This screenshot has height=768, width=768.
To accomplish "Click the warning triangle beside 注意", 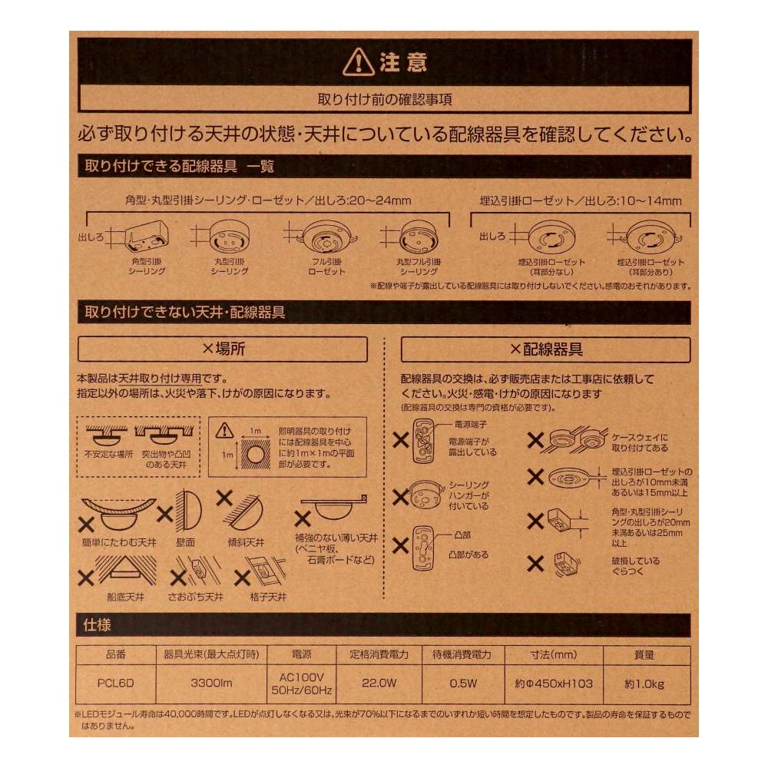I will pyautogui.click(x=359, y=61).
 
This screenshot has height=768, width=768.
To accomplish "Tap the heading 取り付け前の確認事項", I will pyautogui.click(x=384, y=99).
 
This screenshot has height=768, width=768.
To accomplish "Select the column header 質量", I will pyautogui.click(x=646, y=655).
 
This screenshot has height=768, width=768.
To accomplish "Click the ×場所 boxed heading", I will pyautogui.click(x=223, y=349).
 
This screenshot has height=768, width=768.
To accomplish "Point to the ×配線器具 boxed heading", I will pyautogui.click(x=546, y=349).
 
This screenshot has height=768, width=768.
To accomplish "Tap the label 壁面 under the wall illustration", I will pyautogui.click(x=185, y=541).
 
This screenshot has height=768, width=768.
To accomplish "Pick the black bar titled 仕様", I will pyautogui.click(x=384, y=625).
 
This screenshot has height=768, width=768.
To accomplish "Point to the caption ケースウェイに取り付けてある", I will pyautogui.click(x=640, y=442).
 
